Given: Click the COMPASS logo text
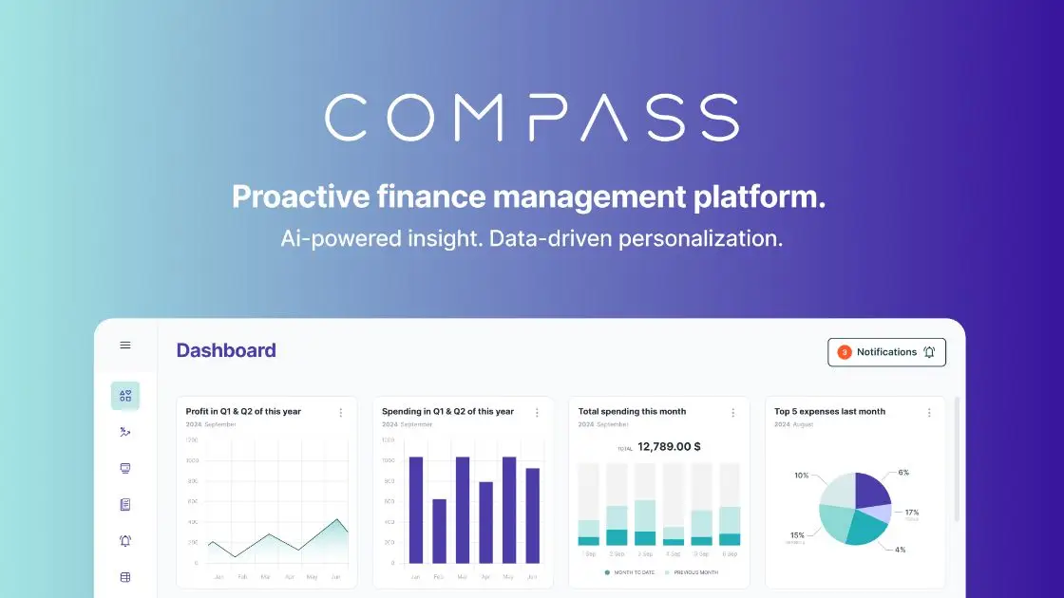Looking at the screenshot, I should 531,118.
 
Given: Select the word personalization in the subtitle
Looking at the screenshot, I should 700,238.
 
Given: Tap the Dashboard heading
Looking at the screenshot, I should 226,350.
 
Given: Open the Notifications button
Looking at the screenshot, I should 886,352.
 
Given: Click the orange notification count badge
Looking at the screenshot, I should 844,352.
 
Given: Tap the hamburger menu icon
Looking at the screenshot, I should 125,346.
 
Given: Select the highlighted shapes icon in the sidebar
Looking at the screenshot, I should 125,396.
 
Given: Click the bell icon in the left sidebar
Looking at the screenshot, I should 125,541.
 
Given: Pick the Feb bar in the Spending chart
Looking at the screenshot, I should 439,531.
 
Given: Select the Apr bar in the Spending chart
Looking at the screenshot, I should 485,522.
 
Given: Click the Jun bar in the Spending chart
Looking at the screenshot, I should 532,515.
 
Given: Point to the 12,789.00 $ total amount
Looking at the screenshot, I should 669,446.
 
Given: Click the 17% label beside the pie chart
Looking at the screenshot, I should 911,513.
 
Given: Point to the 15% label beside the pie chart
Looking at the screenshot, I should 796,535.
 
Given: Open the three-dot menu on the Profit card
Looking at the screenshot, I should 340,413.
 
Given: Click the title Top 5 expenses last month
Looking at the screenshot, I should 829,412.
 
